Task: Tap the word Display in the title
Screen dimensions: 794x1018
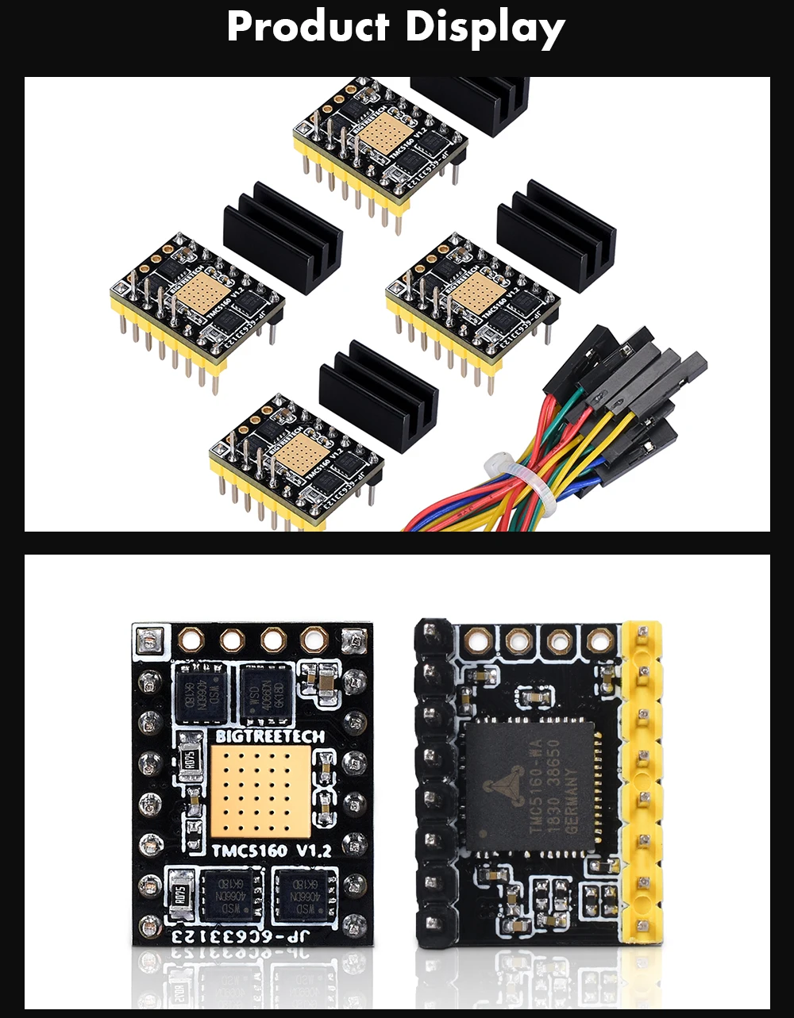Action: [x=485, y=29]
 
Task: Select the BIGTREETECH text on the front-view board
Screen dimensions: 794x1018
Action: [x=270, y=736]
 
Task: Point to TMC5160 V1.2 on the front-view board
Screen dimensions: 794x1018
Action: [x=271, y=851]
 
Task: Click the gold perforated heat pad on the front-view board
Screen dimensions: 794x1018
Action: [x=260, y=793]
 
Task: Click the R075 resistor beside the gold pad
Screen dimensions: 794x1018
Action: [x=190, y=757]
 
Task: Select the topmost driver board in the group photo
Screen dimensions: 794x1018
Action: [x=380, y=143]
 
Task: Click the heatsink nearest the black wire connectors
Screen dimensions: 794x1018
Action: [x=556, y=234]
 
